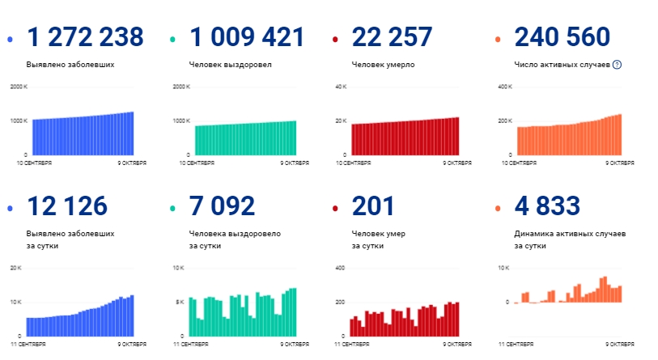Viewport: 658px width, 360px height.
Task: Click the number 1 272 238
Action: [85, 37]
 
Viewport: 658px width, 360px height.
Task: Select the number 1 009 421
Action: [247, 37]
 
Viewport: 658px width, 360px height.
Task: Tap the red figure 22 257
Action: [393, 37]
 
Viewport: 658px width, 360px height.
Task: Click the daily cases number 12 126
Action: [67, 206]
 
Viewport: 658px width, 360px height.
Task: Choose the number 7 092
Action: [222, 206]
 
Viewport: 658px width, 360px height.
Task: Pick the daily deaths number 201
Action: [373, 206]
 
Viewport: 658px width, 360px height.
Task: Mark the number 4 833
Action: [547, 206]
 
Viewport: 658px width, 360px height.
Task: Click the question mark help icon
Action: [617, 64]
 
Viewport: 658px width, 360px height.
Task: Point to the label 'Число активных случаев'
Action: [562, 64]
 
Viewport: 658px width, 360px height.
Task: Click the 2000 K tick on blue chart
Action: [19, 87]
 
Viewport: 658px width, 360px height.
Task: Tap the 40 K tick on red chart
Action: [342, 87]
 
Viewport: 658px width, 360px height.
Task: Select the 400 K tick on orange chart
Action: [505, 87]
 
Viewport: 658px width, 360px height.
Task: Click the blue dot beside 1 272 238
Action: [9, 39]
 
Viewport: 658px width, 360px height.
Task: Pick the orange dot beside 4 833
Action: [497, 208]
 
